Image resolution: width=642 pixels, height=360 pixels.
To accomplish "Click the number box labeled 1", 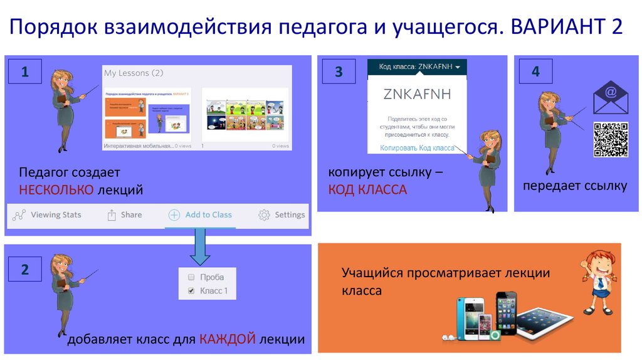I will [x=24, y=72].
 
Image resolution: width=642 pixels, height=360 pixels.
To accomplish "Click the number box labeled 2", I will [x=24, y=270].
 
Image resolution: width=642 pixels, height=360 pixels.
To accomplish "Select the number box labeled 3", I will [x=339, y=72].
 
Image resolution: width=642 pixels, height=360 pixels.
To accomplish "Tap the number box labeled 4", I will [x=535, y=71].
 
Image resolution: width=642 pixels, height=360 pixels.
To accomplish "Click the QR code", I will [x=611, y=139].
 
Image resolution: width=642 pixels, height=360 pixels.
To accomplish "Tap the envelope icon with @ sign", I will [x=610, y=97].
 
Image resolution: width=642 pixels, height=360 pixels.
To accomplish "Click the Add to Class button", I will [x=200, y=214].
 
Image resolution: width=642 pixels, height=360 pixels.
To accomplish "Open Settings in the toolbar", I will [x=282, y=214].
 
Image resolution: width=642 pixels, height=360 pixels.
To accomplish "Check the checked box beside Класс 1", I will [x=191, y=291].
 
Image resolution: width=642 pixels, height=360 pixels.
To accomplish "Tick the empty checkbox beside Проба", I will [x=191, y=277].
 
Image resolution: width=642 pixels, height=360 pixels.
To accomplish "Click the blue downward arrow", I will [x=200, y=246].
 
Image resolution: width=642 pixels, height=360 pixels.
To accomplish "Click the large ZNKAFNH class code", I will [x=417, y=94].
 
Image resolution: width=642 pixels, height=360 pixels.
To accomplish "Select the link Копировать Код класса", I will [x=417, y=148].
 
